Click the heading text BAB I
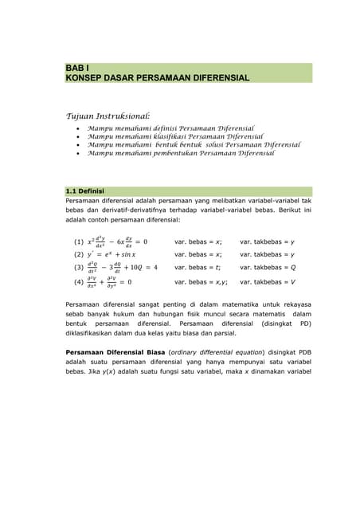79,68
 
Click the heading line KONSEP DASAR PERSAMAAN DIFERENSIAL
158,78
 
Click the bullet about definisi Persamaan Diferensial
170,127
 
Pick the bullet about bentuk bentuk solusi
194,145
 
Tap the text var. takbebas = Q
267,268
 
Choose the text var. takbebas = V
267,281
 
